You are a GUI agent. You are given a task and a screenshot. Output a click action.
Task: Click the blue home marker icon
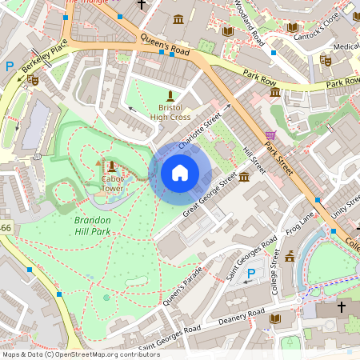180,173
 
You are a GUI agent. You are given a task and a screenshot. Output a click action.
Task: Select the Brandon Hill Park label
97,225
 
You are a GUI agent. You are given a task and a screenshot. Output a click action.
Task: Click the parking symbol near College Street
251,274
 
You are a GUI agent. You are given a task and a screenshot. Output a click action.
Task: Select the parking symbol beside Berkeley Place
10,67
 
